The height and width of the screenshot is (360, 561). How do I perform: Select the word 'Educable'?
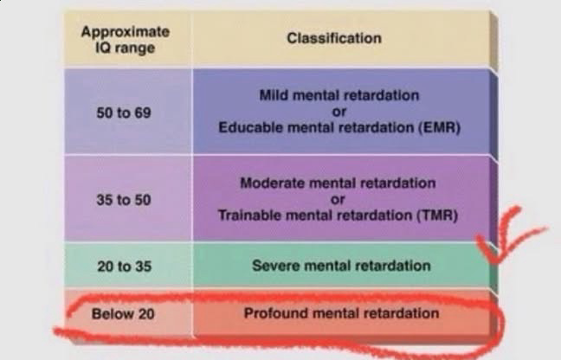coord(247,127)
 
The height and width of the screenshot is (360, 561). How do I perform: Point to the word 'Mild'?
coord(275,94)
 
